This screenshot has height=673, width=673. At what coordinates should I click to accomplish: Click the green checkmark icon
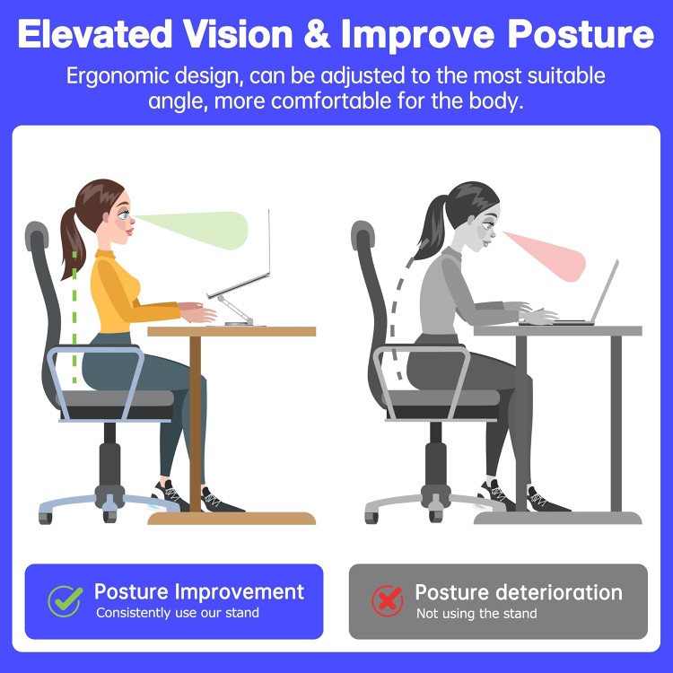click(x=65, y=600)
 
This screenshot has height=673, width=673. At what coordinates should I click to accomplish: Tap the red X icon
click(x=388, y=600)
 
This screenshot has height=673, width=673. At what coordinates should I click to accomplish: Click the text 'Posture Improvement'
click(x=199, y=592)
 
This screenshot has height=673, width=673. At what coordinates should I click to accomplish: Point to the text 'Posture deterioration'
click(x=518, y=592)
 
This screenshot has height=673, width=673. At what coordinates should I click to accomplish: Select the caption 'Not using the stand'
click(x=476, y=614)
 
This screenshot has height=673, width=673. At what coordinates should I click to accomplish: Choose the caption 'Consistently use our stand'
click(x=178, y=613)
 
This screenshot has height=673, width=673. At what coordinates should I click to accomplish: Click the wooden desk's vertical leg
click(x=195, y=422)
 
